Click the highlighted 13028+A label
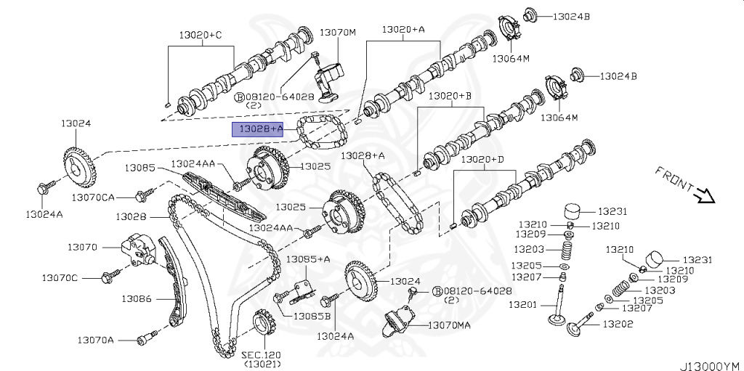click(x=263, y=129)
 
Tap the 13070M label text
click(x=338, y=33)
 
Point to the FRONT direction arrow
click(x=703, y=194)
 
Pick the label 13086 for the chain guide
click(x=136, y=298)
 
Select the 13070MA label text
click(x=448, y=325)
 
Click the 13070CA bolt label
click(x=93, y=197)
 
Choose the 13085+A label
click(x=307, y=258)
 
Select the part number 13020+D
click(x=486, y=159)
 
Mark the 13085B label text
click(x=312, y=316)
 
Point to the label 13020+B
click(x=450, y=96)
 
